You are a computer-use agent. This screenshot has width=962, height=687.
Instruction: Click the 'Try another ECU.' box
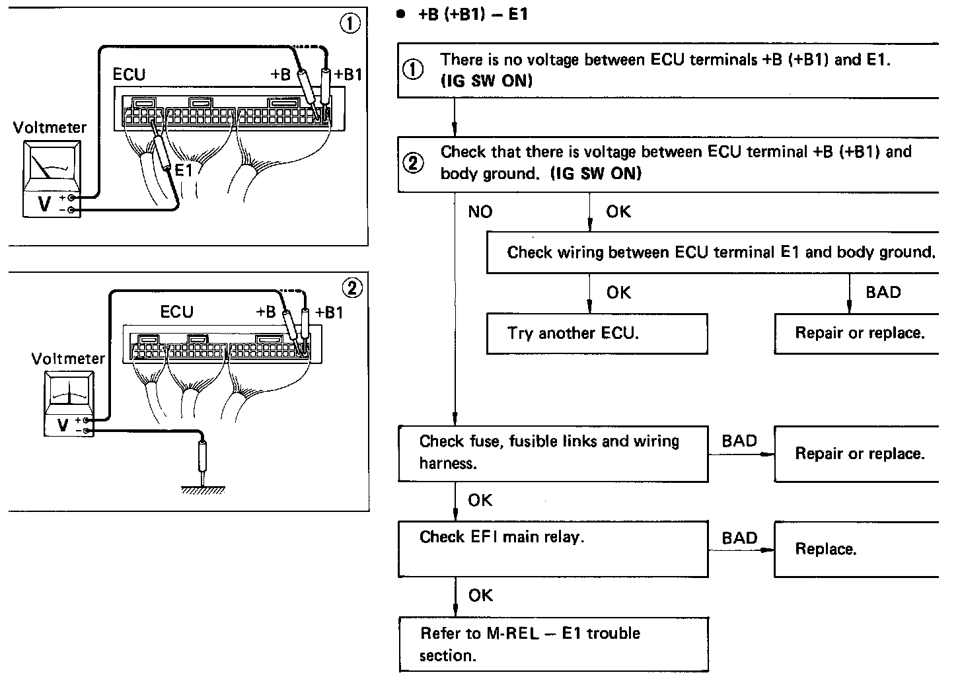597,334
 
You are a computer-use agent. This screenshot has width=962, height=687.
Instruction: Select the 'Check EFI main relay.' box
553,548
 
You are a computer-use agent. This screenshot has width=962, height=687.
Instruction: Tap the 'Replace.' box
856,549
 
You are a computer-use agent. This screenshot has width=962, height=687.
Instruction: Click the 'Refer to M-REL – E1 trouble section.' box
554,644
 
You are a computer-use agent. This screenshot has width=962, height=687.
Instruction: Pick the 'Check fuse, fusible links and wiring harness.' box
553,453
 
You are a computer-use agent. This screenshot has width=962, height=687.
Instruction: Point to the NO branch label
480,212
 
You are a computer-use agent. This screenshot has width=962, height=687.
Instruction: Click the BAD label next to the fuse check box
739,441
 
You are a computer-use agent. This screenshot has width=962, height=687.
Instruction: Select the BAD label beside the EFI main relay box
739,538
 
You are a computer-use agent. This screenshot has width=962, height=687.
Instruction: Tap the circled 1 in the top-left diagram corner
350,24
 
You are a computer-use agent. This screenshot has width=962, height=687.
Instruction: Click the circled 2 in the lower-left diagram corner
352,288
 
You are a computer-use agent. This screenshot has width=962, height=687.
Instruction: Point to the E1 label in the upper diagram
184,170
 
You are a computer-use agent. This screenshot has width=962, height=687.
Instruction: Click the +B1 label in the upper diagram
348,75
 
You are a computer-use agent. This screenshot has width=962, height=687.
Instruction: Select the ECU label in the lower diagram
176,312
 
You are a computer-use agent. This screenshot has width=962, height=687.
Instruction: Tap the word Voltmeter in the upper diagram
50,127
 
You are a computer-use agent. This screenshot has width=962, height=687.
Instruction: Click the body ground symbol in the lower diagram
203,489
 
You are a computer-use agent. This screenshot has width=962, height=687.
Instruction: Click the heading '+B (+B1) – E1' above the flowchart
472,15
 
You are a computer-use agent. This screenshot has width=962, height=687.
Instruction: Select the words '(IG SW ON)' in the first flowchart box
486,81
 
